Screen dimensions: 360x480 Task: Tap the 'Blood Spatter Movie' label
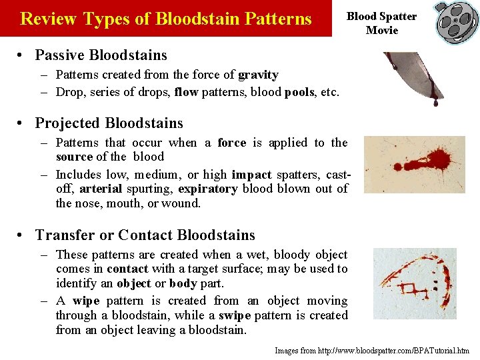(382, 23)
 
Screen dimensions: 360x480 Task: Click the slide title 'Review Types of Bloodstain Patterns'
(166, 19)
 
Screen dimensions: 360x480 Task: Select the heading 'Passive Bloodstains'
(101, 55)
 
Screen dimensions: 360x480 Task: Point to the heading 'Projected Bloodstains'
(109, 123)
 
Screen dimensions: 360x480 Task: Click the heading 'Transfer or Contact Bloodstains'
(145, 235)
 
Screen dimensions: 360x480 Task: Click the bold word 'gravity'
(258, 75)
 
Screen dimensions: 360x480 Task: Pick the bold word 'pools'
(299, 92)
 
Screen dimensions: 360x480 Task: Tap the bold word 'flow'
(187, 92)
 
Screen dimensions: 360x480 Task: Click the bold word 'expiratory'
(207, 189)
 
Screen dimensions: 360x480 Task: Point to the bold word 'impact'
(251, 175)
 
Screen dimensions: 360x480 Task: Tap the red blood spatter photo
(415, 164)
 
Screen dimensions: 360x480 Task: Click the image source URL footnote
(372, 350)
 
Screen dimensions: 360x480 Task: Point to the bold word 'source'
(74, 157)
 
